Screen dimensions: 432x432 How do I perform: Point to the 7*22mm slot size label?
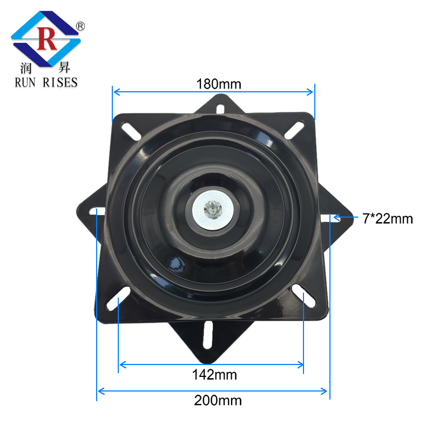point(387,219)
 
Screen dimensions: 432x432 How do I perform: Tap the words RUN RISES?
point(45,82)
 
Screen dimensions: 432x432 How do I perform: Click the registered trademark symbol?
point(80,25)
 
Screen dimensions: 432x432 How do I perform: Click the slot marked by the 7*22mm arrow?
point(328,218)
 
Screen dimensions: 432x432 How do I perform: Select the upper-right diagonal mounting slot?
point(296,130)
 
